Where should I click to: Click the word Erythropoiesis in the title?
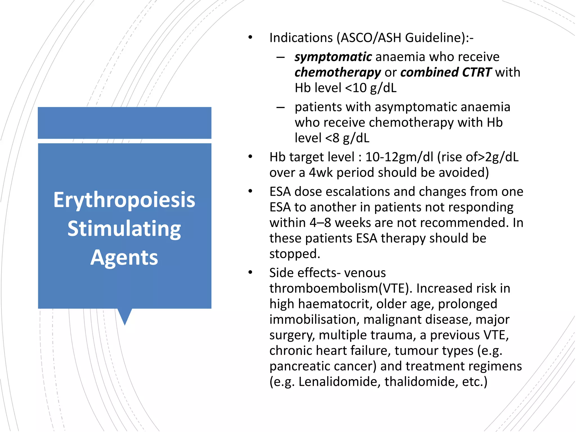pos(124,200)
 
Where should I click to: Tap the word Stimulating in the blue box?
pos(124,229)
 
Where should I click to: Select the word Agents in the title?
pos(124,258)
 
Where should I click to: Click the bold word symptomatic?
pos(333,57)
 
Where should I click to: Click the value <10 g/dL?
pos(371,88)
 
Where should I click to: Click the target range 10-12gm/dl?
pos(399,157)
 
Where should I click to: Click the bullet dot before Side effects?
pos(250,273)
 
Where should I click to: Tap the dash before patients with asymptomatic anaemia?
pos(280,107)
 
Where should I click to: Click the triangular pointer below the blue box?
pos(125,316)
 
